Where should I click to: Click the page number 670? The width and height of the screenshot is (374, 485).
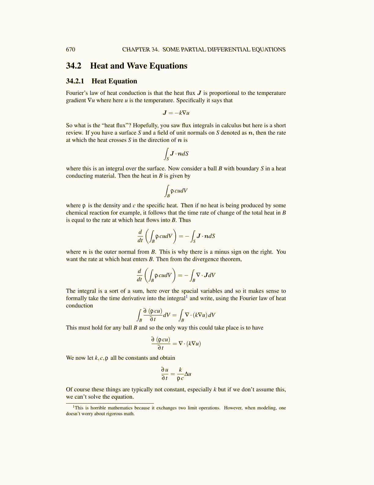click(x=70, y=50)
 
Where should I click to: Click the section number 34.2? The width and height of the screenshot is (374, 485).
click(x=74, y=66)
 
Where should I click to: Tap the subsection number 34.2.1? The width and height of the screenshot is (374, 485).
click(x=75, y=81)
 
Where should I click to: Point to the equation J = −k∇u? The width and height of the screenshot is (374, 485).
click(x=176, y=113)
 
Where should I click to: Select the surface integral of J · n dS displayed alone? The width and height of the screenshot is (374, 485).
click(x=176, y=154)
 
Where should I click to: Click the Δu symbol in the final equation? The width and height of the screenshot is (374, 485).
click(x=188, y=374)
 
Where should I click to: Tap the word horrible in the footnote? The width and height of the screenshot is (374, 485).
click(x=98, y=408)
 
